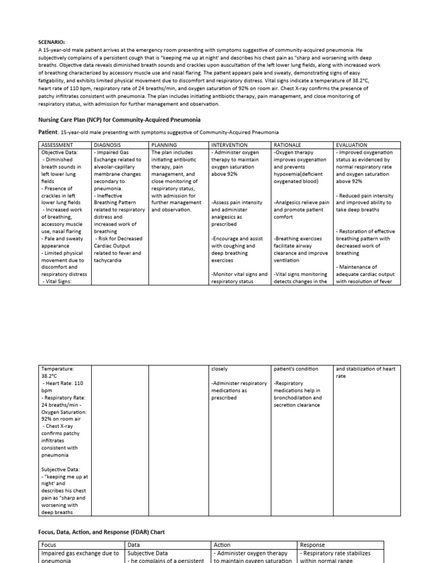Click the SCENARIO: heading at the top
(52, 41)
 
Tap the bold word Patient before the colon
(48, 132)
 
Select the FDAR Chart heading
(101, 532)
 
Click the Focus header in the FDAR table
(49, 545)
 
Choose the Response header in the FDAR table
(313, 545)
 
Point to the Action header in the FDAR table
(222, 545)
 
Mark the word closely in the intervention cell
(220, 369)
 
